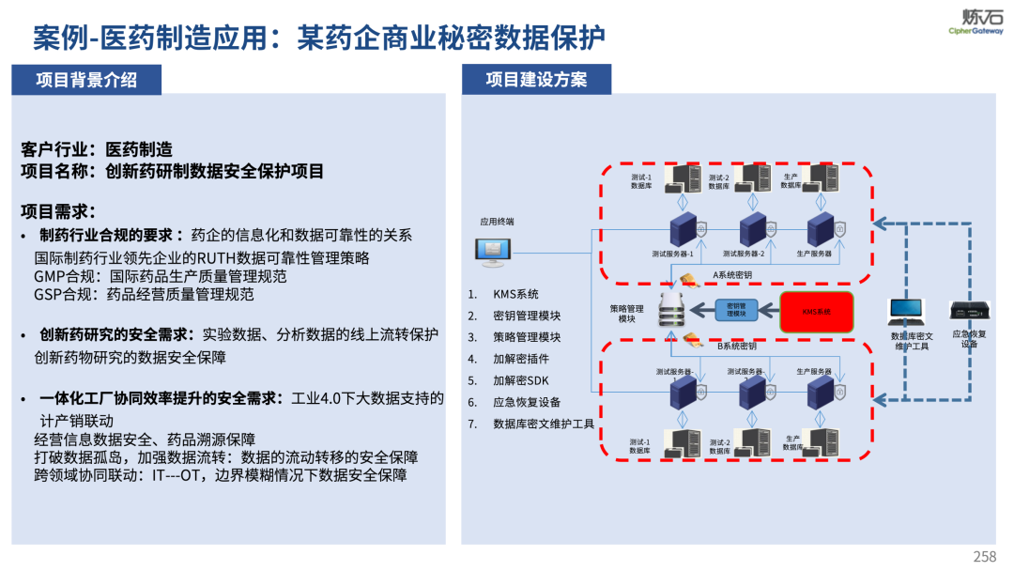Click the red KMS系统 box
[816, 311]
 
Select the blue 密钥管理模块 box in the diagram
[736, 310]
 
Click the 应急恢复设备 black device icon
[969, 311]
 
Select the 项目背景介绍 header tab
[86, 80]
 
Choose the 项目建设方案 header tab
[536, 80]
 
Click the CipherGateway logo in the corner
[976, 21]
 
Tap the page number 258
[985, 557]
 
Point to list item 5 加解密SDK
[521, 380]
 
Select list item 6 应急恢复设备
[527, 402]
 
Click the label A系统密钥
[732, 274]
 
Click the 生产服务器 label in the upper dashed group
[814, 254]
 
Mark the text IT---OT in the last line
[176, 475]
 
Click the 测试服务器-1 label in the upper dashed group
[672, 254]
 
